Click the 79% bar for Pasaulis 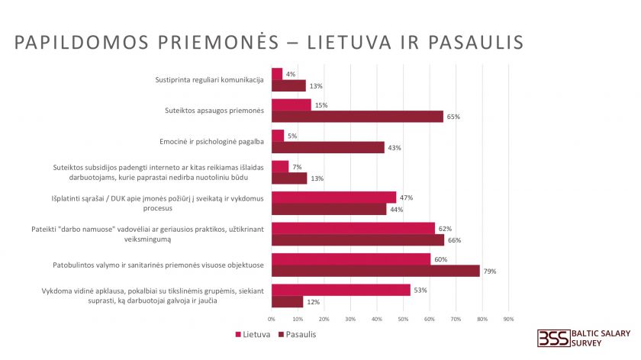coord(375,271)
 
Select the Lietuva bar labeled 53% coord(341,290)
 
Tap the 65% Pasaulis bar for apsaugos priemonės coord(357,117)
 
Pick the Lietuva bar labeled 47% coord(333,198)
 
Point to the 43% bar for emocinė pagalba coord(328,147)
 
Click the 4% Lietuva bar coord(277,74)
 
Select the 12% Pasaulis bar coord(287,302)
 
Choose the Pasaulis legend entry coord(296,334)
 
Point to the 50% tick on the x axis coord(403,319)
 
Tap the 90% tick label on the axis coord(508,319)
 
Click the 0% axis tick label coord(272,319)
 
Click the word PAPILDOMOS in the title coord(75,41)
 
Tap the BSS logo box coord(552,338)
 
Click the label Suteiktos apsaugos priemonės coord(214,111)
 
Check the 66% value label coord(456,240)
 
